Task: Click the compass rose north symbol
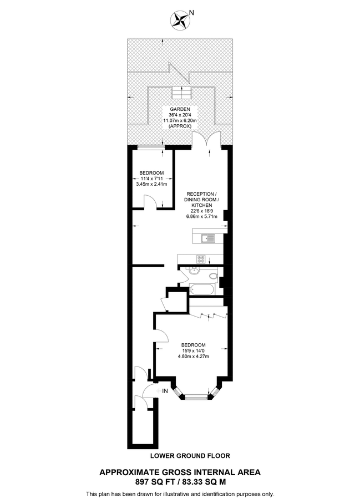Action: [180, 21]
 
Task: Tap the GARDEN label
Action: [180, 110]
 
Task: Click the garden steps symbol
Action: [180, 91]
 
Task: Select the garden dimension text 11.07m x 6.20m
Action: [180, 121]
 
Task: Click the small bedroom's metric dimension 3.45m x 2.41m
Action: [151, 184]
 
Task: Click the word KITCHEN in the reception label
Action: [203, 205]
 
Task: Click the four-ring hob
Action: [201, 258]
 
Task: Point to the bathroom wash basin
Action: [194, 271]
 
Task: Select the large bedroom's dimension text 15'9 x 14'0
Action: [193, 350]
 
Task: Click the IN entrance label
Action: [165, 392]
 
